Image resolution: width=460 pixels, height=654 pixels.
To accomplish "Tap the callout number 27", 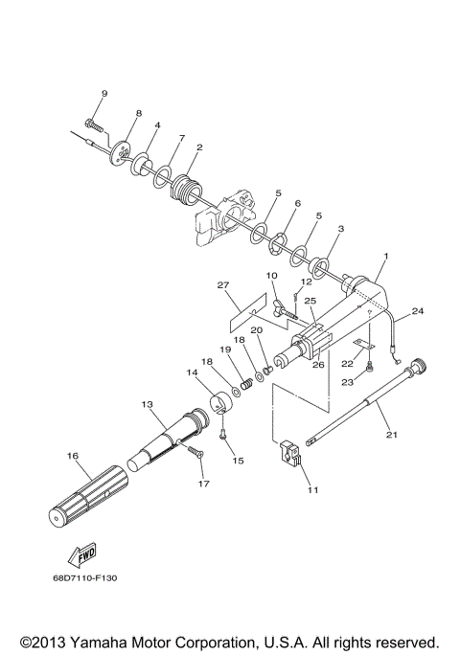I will tap(224, 284).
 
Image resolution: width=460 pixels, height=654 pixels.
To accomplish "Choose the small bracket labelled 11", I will tap(293, 456).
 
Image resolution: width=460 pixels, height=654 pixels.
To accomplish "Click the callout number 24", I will tap(417, 310).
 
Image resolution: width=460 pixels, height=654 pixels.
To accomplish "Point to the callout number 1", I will tap(385, 257).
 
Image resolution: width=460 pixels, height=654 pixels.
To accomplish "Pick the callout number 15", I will tap(238, 461).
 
